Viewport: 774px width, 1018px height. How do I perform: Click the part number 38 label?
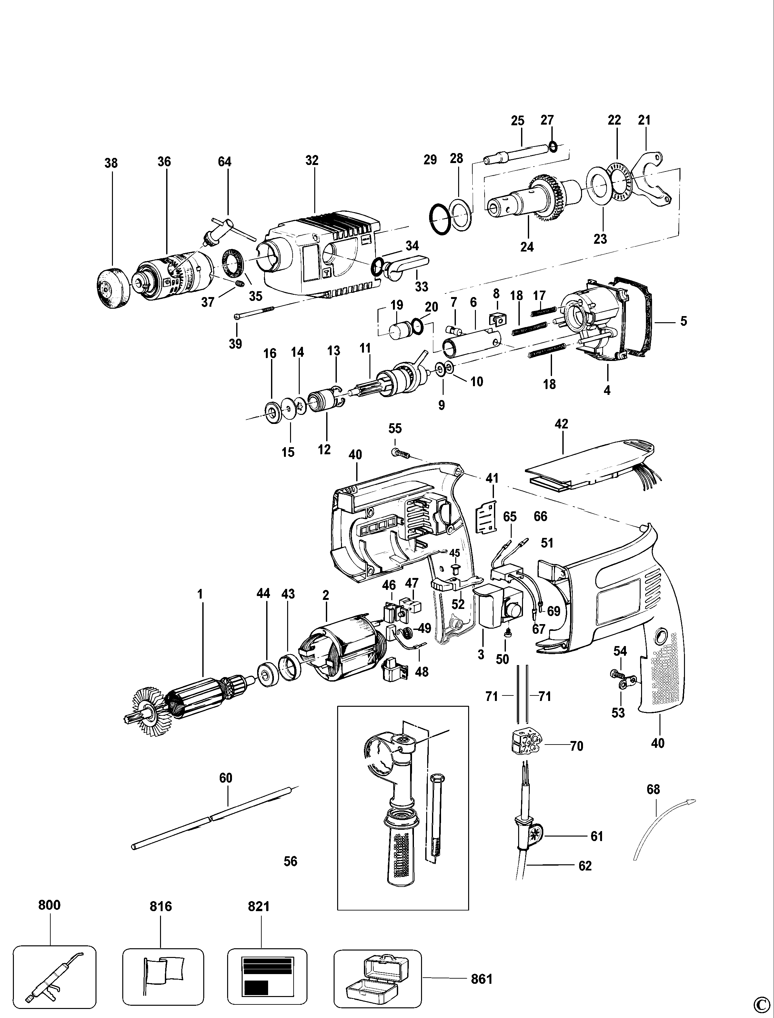[111, 163]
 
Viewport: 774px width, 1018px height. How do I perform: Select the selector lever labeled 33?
[406, 265]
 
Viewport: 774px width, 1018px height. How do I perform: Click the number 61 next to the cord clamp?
[597, 836]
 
